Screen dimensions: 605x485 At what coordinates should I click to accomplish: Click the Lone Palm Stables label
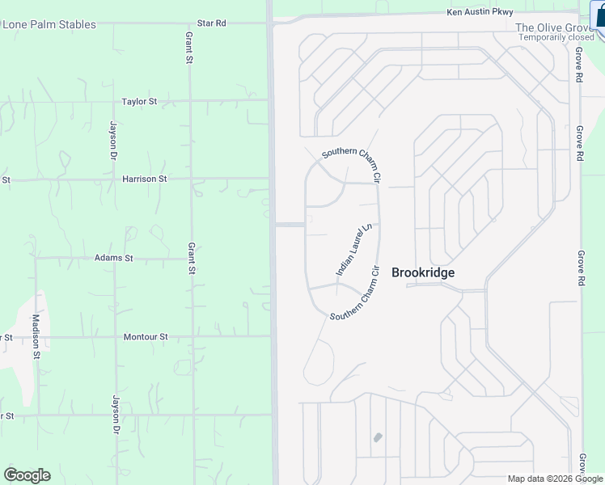point(49,24)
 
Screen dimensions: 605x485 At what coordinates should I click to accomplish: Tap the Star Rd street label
point(211,23)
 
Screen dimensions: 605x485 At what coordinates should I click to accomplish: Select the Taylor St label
point(139,102)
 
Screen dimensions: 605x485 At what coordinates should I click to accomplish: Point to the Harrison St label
point(145,179)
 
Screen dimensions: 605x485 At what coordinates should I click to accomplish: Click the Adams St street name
point(113,258)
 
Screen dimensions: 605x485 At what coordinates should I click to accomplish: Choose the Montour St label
point(146,336)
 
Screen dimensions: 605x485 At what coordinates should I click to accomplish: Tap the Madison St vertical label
point(36,336)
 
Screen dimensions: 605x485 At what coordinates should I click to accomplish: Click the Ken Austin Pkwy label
point(480,12)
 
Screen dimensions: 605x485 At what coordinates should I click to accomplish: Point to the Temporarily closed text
point(556,37)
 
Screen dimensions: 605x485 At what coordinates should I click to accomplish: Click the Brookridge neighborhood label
point(422,272)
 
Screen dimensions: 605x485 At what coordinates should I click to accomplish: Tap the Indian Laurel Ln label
point(353,250)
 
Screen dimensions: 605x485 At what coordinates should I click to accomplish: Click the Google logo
point(27,474)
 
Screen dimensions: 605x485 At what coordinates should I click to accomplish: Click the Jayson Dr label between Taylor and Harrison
point(114,139)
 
